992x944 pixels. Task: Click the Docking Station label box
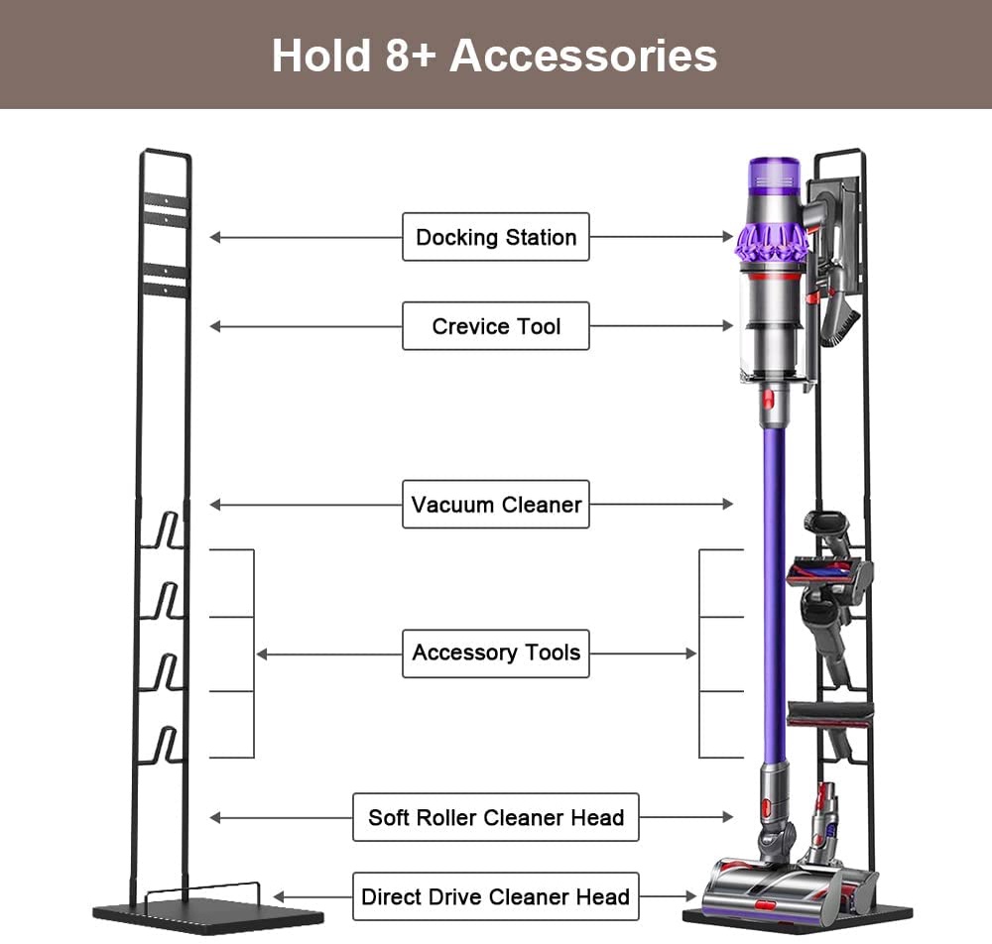(x=495, y=237)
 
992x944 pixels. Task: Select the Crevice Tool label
(x=495, y=326)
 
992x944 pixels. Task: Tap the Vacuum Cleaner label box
(x=495, y=505)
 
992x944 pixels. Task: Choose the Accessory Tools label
(x=495, y=653)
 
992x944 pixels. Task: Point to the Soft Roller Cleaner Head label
(x=495, y=818)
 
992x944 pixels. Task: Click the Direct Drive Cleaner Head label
(x=495, y=897)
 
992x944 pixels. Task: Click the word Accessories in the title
(x=583, y=55)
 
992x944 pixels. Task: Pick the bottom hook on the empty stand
(x=166, y=746)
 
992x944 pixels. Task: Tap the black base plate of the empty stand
(x=208, y=910)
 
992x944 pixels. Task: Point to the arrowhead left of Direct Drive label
(x=280, y=897)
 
